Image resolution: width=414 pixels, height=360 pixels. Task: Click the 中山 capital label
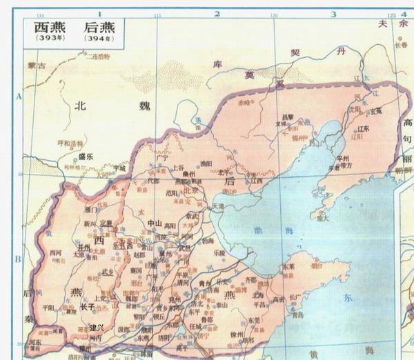[155, 224]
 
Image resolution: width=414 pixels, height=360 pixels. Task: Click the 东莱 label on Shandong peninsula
[289, 266]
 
